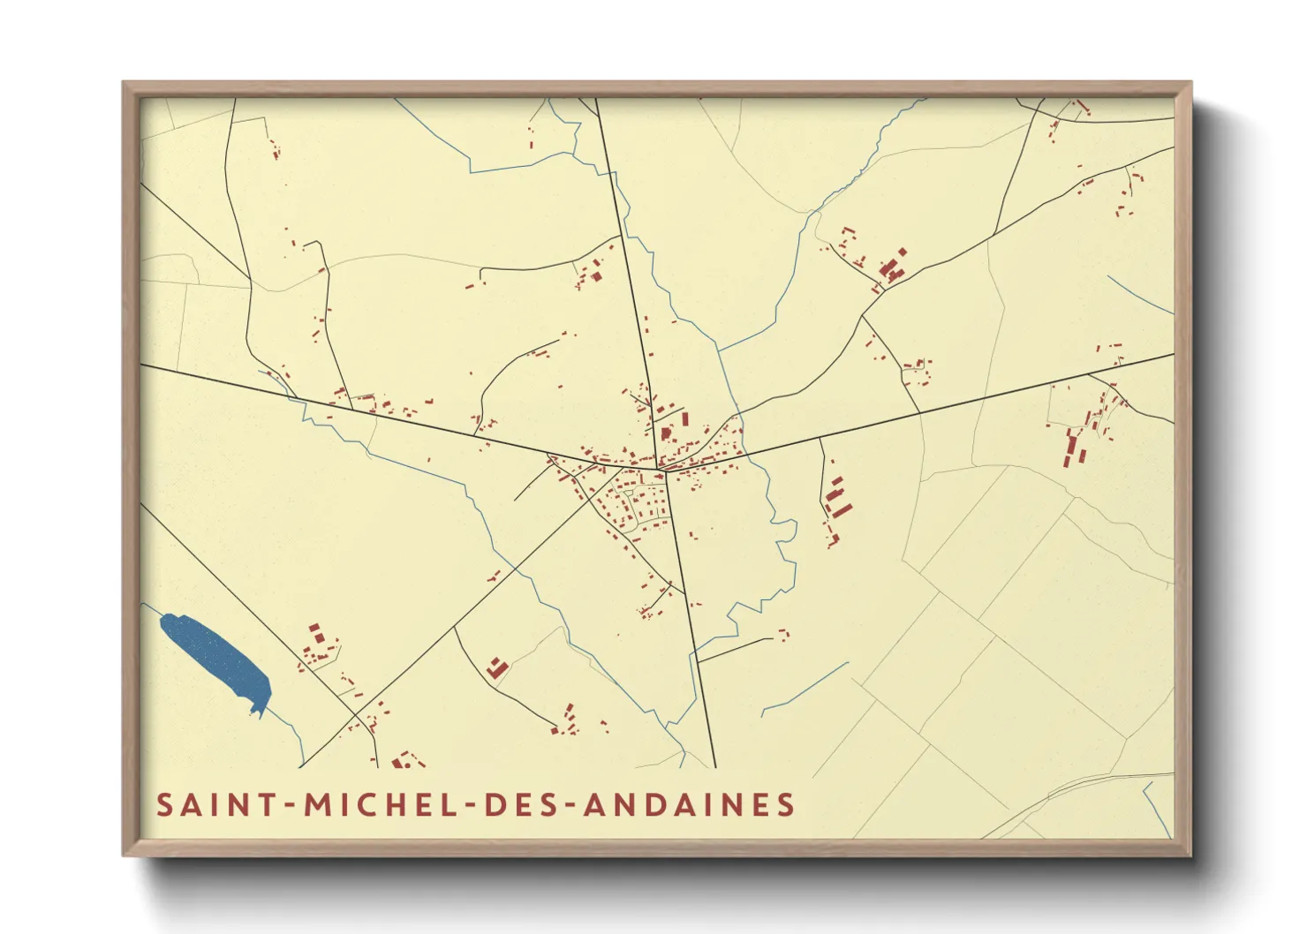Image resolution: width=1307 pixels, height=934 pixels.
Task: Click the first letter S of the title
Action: click(164, 805)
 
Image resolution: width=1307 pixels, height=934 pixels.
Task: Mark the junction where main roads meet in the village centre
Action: click(664, 470)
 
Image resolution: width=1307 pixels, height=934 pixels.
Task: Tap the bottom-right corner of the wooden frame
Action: click(1190, 855)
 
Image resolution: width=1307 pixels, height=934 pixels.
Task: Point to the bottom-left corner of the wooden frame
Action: click(125, 855)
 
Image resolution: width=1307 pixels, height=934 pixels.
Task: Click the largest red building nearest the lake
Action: click(314, 633)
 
